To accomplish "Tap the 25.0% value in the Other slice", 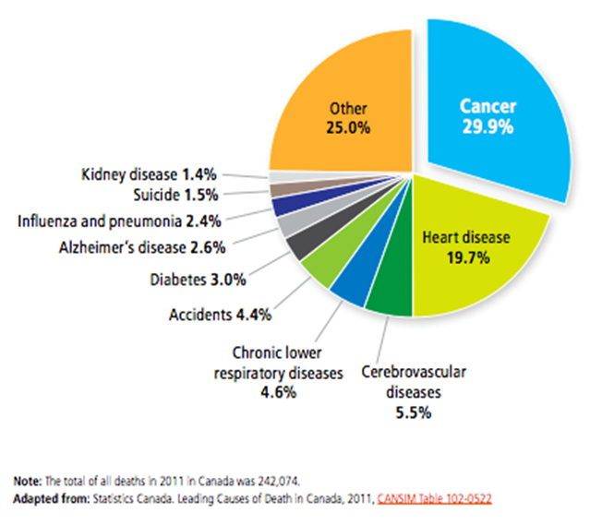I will [x=349, y=126].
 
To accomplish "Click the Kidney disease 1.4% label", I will [x=149, y=173].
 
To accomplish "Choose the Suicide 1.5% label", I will [x=175, y=195].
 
